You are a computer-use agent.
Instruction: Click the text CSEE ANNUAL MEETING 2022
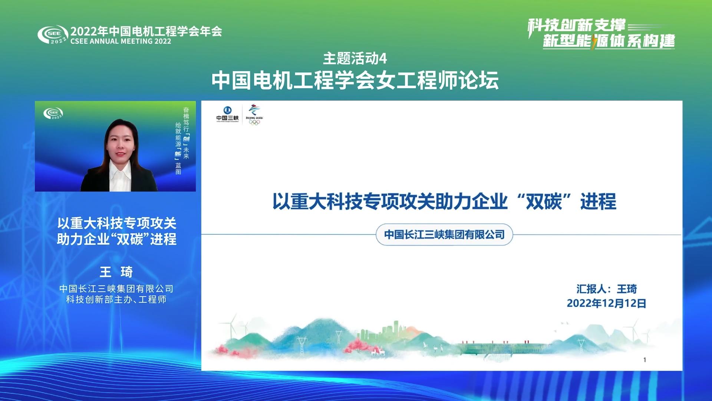tap(121, 41)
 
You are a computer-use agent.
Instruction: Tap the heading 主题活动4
tap(355, 58)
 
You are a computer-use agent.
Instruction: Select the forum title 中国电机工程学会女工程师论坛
tap(355, 80)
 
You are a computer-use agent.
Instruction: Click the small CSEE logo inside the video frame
tap(53, 113)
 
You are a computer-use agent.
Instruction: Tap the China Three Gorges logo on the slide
tap(227, 114)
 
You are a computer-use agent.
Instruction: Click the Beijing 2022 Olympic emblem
tap(254, 114)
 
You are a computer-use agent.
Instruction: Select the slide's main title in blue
tap(444, 202)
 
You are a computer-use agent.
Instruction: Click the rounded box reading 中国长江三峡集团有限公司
tap(444, 235)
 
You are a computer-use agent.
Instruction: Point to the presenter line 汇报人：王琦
tap(606, 289)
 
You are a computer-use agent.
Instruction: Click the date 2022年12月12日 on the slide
tap(606, 303)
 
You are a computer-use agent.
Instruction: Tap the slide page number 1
tap(645, 360)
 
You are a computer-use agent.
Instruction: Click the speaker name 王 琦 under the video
tap(116, 272)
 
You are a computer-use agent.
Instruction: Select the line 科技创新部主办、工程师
tap(116, 299)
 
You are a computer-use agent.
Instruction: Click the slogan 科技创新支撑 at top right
tap(577, 26)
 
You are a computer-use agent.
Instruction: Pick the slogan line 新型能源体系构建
tap(609, 41)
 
